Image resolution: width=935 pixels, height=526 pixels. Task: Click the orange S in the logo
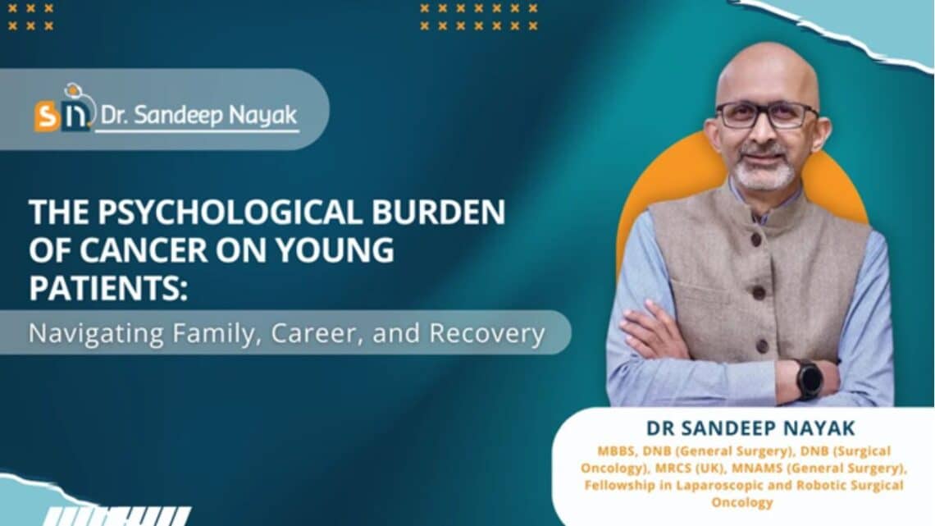pyautogui.click(x=47, y=115)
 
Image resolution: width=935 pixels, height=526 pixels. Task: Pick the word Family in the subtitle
pyautogui.click(x=208, y=334)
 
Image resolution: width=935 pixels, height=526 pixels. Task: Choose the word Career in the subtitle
pyautogui.click(x=316, y=334)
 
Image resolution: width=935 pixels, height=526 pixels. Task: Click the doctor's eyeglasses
pyautogui.click(x=766, y=114)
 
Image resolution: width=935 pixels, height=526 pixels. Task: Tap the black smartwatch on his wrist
pyautogui.click(x=809, y=378)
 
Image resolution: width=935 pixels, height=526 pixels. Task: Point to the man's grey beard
pyautogui.click(x=764, y=172)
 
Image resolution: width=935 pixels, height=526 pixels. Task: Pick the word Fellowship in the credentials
pyautogui.click(x=622, y=486)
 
